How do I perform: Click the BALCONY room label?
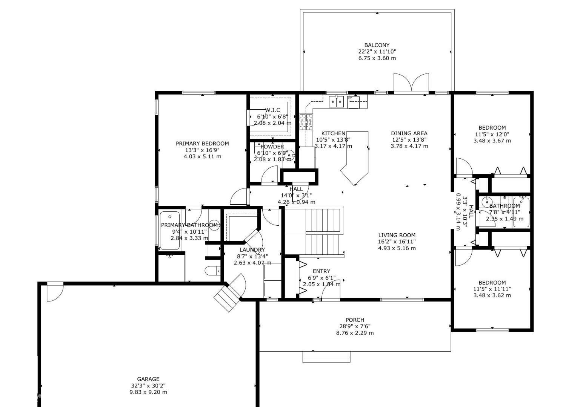point(377,45)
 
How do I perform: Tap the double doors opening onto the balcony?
point(411,83)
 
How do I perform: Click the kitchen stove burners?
point(306,122)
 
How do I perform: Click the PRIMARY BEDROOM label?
point(202,144)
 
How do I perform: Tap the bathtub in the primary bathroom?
point(169,231)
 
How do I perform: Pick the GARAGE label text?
point(148,379)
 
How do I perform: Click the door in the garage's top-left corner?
point(55,292)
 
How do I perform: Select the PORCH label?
point(355,320)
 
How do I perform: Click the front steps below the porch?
point(326,357)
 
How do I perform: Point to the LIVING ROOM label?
point(397,235)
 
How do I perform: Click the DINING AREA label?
point(409,133)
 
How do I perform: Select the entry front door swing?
point(331,290)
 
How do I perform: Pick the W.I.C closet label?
point(272,110)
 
